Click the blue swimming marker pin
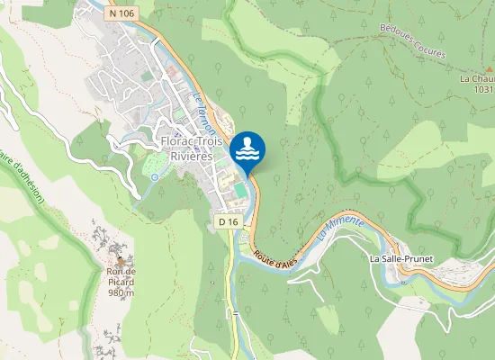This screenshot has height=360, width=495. pyautogui.click(x=247, y=148)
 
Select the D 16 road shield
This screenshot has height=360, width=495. pyautogui.click(x=229, y=221)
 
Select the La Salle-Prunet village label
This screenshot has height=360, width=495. pyautogui.click(x=401, y=258)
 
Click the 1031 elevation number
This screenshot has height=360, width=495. pyautogui.click(x=484, y=89)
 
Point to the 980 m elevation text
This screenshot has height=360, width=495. pyautogui.click(x=121, y=292)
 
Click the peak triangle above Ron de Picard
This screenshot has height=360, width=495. pyautogui.click(x=121, y=262)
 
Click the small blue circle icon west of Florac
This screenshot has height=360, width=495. pyautogui.click(x=154, y=177)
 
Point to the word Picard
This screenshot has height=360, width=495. pyautogui.click(x=121, y=282)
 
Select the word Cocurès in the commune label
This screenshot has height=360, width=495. pyautogui.click(x=430, y=53)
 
